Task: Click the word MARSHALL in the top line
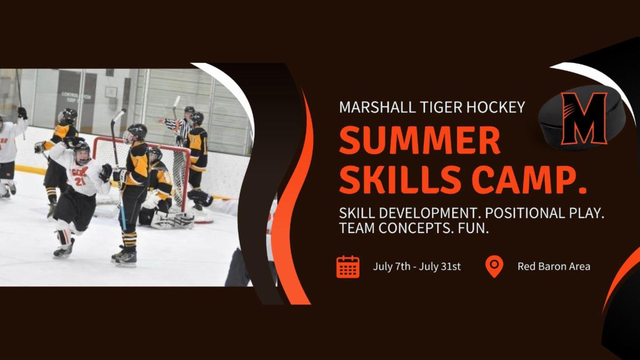coord(377,107)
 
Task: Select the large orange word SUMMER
coord(419,141)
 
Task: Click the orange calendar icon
coord(348,267)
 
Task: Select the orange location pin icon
coord(494,266)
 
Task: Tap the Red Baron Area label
coord(554,267)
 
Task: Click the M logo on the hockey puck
coord(584,118)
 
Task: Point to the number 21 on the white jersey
coord(80,181)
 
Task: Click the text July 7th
coord(391,267)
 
